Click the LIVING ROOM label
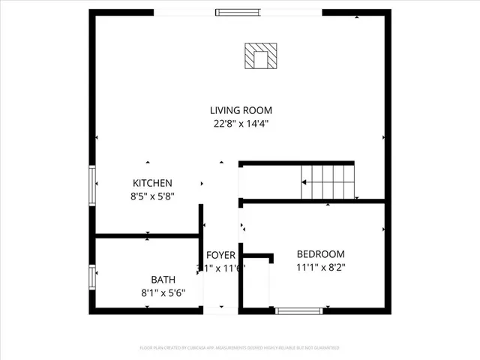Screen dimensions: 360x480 240,110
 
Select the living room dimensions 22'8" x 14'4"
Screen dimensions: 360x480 240,124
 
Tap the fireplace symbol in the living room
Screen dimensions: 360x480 261,55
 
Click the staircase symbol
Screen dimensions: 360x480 327,181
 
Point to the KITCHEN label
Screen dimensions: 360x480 153,183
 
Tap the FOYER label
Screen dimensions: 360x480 220,256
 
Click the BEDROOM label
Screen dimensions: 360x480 320,253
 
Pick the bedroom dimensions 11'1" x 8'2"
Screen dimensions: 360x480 320,267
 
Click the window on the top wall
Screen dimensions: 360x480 238,12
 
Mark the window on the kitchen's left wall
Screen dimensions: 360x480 92,185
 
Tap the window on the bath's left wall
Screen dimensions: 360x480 92,277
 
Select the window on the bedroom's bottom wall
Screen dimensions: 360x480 299,310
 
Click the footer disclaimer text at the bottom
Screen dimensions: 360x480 240,348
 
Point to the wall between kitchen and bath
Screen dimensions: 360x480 146,236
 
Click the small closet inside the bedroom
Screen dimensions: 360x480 256,283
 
